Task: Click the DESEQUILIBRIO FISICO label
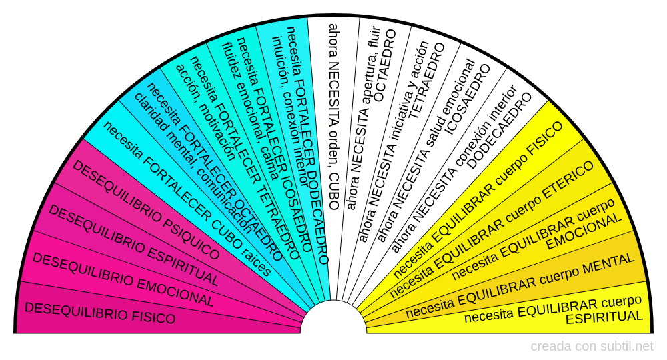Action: pyautogui.click(x=99, y=313)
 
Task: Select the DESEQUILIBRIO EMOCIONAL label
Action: pyautogui.click(x=123, y=280)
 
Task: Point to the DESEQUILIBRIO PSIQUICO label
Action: pyautogui.click(x=145, y=210)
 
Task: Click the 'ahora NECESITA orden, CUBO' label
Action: pyautogui.click(x=333, y=117)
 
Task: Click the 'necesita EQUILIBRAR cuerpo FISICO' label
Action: pyautogui.click(x=478, y=200)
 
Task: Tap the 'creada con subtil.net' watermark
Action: pyautogui.click(x=592, y=347)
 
